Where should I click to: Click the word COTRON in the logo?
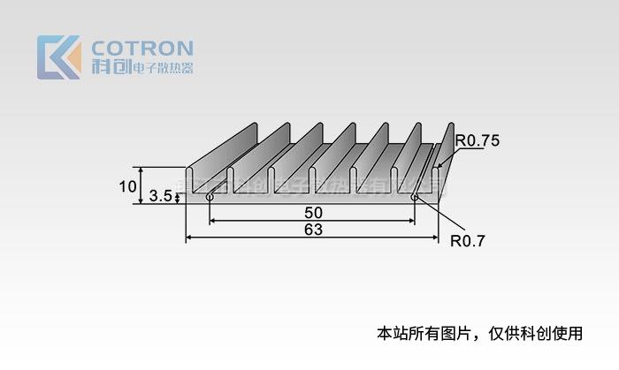click(x=141, y=47)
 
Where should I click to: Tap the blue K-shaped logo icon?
click(x=58, y=57)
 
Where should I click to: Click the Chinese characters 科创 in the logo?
click(x=109, y=67)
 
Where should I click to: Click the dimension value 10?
click(x=127, y=186)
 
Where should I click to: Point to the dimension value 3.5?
click(x=159, y=196)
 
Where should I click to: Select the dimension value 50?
click(x=313, y=213)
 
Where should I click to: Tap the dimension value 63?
click(x=312, y=230)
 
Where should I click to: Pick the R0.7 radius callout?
click(x=469, y=239)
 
